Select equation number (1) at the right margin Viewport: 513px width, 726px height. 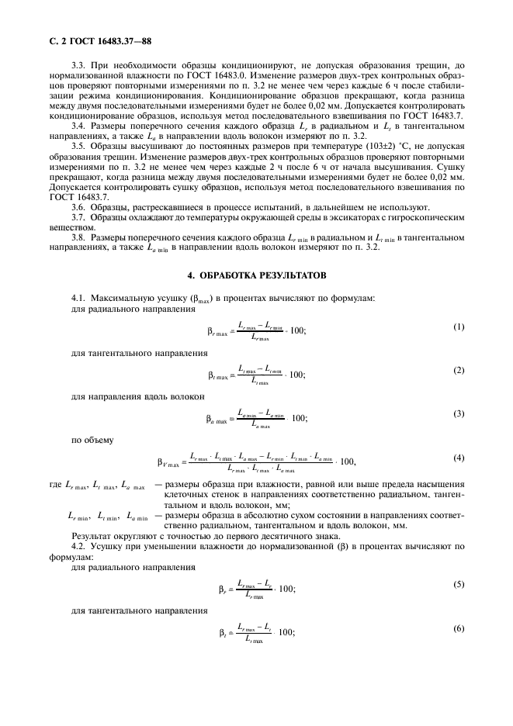pyautogui.click(x=459, y=327)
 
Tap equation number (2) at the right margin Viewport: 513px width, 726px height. pyautogui.click(x=459, y=370)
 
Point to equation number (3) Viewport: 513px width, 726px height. pyautogui.click(x=459, y=413)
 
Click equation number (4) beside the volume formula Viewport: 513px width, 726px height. pyautogui.click(x=459, y=458)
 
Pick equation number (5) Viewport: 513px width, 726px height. pyautogui.click(x=459, y=585)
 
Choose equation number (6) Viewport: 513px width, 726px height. pyautogui.click(x=459, y=627)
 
